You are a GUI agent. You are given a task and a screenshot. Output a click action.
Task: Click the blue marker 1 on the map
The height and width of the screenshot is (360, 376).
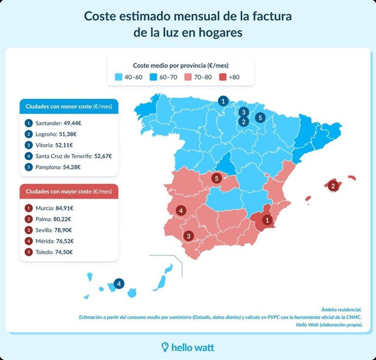pos(222,100)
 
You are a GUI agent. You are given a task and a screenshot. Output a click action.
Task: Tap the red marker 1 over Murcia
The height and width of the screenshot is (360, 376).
pos(267,220)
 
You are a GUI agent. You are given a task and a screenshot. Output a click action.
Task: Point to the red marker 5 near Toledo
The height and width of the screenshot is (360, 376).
pos(216,178)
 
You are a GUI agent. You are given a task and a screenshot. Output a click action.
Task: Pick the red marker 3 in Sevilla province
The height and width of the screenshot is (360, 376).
pos(189,236)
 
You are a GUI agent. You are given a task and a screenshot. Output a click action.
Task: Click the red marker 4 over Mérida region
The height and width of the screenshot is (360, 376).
pos(180,211)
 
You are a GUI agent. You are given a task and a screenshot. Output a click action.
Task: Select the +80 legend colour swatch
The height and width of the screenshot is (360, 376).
pos(222,77)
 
